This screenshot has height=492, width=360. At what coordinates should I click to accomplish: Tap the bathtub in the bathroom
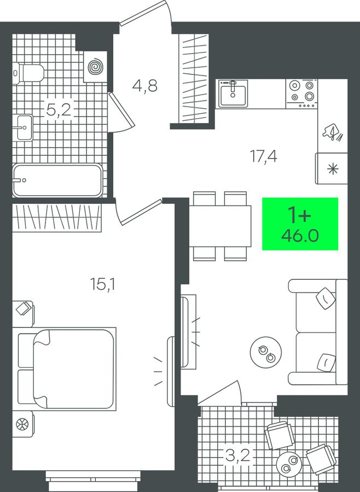[x=57, y=180]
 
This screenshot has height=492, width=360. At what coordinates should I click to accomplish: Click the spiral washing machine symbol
[x=95, y=67]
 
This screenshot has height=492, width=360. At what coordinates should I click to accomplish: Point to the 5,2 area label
[x=59, y=110]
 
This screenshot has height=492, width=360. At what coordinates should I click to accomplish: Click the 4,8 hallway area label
[x=145, y=86]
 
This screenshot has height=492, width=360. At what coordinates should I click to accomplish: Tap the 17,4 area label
[x=263, y=156]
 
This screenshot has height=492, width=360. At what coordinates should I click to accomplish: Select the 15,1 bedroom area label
[x=102, y=284]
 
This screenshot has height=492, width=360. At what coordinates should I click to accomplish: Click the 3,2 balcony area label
[x=238, y=455]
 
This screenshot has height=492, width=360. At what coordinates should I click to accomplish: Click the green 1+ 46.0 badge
[x=300, y=224]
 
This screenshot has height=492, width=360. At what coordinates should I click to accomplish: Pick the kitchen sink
[x=233, y=93]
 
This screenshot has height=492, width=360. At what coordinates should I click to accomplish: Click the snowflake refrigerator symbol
[x=332, y=168]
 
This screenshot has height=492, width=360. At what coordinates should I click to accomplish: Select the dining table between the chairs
[x=220, y=226]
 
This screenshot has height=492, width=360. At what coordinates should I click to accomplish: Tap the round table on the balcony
[x=289, y=464]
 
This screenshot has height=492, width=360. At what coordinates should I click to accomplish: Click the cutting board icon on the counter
[x=332, y=132]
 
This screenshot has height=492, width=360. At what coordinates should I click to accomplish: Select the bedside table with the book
[x=23, y=314]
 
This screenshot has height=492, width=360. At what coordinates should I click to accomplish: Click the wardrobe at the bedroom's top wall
[x=57, y=218]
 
